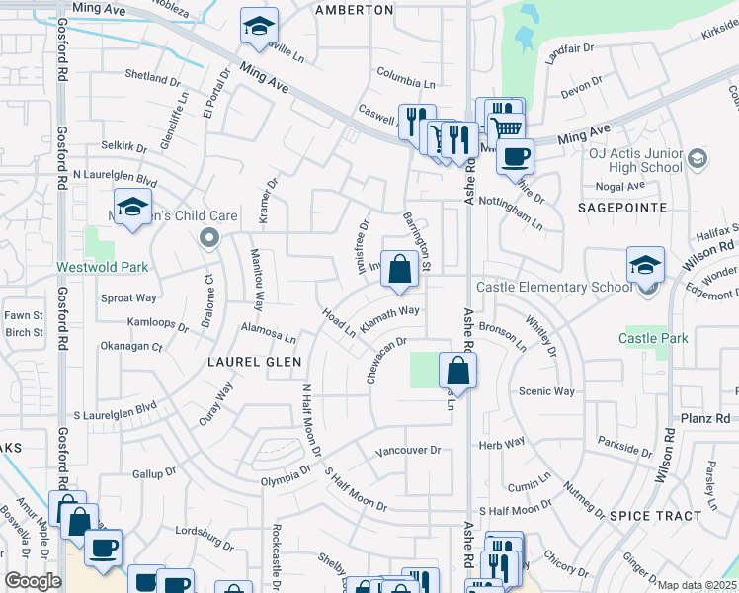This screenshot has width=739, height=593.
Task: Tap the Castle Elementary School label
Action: point(554,287)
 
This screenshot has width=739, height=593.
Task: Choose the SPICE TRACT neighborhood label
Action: point(656,515)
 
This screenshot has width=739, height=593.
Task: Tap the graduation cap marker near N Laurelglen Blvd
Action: point(131,208)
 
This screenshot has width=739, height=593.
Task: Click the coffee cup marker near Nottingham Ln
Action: point(514,155)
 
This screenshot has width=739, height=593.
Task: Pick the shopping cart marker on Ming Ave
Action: point(507,127)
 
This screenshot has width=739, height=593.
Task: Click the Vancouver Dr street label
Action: point(407,452)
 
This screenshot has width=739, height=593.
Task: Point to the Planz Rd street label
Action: point(705,419)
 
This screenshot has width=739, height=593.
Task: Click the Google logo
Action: point(33,581)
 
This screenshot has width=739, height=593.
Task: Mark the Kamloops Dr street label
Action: point(158,323)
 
